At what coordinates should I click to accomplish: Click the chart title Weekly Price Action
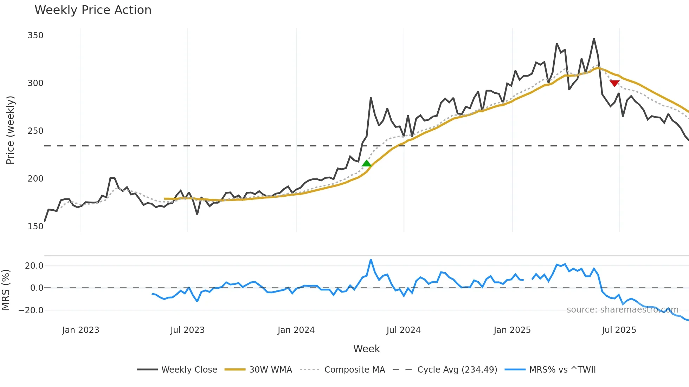pos(93,10)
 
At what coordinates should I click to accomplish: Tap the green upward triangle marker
pos(367,163)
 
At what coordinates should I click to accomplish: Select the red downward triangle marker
pos(614,83)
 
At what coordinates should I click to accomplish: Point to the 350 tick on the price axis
pos(36,35)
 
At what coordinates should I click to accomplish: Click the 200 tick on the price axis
pos(36,179)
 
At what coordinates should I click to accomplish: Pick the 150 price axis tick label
pos(36,227)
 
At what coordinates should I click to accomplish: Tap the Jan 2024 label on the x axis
pos(296,330)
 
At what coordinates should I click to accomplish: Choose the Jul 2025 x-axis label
pos(619,330)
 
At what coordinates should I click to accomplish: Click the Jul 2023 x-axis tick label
pos(187,330)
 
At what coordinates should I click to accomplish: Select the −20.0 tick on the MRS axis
pos(31,310)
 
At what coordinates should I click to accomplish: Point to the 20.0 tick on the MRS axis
pos(34,266)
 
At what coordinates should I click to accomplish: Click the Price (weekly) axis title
pos(11,130)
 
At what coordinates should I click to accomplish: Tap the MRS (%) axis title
pos(6,290)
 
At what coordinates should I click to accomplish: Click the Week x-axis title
pos(366,349)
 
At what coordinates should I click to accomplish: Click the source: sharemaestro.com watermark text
pos(622,310)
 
